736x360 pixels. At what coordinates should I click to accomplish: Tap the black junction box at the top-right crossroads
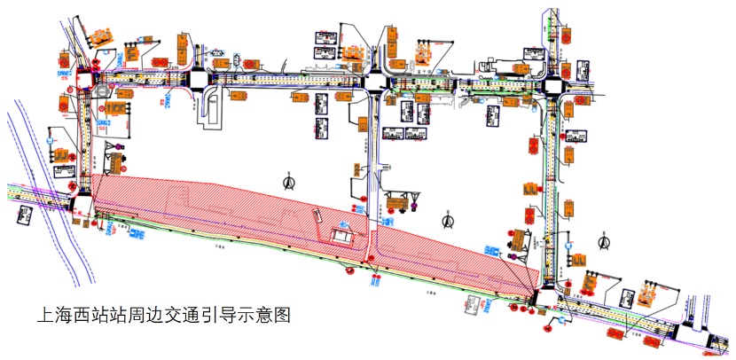tap(552, 87)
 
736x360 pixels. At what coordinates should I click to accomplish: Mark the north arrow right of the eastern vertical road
tap(603, 241)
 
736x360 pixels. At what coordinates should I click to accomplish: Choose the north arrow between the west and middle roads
tap(289, 184)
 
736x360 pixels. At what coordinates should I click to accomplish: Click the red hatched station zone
tap(266, 217)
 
